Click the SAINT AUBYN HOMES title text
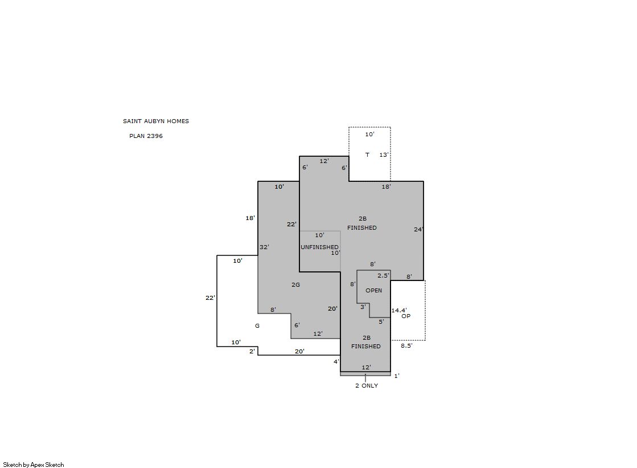click(156, 121)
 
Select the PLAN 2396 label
click(146, 136)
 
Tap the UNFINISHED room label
click(319, 247)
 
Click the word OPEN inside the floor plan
click(374, 290)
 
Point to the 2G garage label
click(296, 284)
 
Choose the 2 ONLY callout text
click(367, 385)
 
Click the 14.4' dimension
click(399, 310)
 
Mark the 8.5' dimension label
click(406, 345)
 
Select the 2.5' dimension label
click(383, 275)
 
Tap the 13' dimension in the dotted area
click(384, 154)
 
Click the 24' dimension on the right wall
click(418, 229)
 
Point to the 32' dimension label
click(265, 247)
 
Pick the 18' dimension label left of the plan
click(250, 218)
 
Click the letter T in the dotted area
click(367, 154)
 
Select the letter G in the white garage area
click(257, 325)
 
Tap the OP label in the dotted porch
click(406, 316)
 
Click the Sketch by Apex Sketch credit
click(34, 465)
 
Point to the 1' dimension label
click(397, 376)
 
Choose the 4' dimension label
click(336, 361)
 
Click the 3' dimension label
click(363, 307)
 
